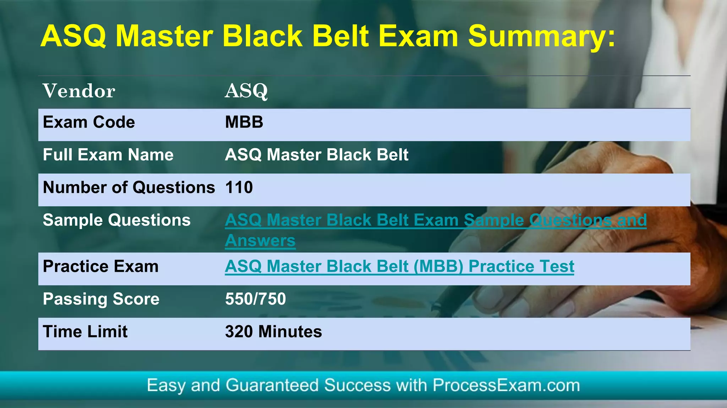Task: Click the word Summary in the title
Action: (x=541, y=37)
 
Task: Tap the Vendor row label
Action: (x=79, y=91)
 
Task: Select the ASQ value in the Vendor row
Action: (x=246, y=91)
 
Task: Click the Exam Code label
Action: (x=89, y=122)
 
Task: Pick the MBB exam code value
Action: (x=244, y=122)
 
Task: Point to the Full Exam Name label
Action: (x=108, y=155)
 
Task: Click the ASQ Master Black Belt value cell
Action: (x=316, y=155)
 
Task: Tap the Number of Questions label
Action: (x=129, y=188)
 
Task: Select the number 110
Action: (x=239, y=188)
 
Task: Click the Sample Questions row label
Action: (x=116, y=220)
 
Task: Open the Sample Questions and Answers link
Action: (x=435, y=220)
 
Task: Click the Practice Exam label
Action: (x=100, y=267)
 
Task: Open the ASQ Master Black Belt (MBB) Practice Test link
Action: (x=399, y=267)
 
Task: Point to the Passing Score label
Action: (x=101, y=299)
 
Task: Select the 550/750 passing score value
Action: (x=255, y=299)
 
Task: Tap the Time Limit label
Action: (x=85, y=332)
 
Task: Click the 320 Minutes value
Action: (x=273, y=332)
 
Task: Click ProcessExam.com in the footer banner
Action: (x=506, y=385)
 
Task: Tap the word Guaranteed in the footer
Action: (x=272, y=385)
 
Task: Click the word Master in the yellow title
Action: (x=164, y=37)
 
